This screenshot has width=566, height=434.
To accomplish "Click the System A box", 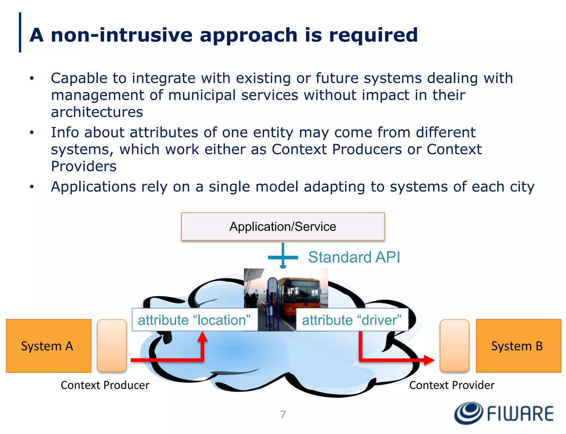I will (49, 346).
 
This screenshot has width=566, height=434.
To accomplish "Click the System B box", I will (518, 346).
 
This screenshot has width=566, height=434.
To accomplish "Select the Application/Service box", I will (283, 227).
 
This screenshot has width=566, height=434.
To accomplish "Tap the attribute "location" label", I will (195, 320).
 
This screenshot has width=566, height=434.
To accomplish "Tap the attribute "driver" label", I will (352, 320).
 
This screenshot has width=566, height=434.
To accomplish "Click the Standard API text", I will (354, 257).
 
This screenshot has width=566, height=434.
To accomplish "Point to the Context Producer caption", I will (105, 385).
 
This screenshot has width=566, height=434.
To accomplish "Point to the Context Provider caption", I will (452, 385).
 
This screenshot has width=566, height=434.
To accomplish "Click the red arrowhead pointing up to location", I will (203, 337).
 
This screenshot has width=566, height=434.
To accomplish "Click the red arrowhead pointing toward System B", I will (429, 360).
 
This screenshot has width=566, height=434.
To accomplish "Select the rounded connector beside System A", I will (112, 345).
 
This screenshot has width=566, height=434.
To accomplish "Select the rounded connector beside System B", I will (454, 345).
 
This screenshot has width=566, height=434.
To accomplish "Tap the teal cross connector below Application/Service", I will (283, 257).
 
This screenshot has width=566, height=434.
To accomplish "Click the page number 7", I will (283, 414).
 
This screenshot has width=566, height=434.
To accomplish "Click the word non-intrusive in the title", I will (122, 35).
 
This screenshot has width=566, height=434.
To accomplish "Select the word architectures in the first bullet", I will (97, 112).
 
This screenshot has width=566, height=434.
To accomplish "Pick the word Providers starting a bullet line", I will (84, 166).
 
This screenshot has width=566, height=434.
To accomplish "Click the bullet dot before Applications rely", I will (32, 187).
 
